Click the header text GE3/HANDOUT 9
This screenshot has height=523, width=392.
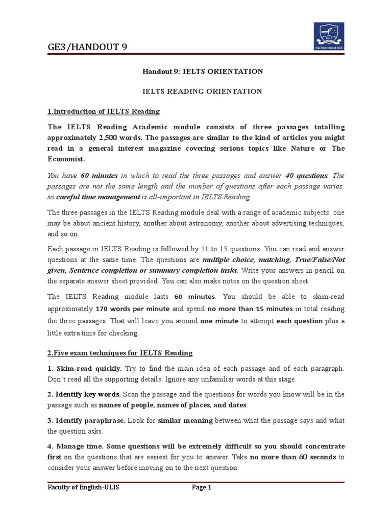(87, 47)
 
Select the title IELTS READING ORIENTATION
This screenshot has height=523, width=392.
(202, 91)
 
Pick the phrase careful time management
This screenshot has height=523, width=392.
(97, 197)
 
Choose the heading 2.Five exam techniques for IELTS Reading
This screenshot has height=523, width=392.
(120, 353)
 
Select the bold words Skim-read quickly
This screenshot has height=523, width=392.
(89, 368)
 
